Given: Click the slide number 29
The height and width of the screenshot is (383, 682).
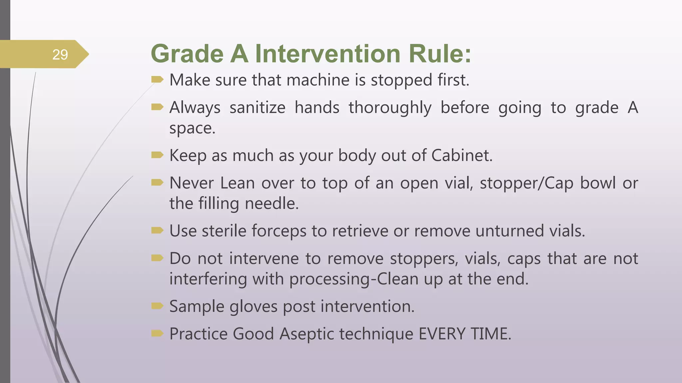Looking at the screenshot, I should click(60, 55).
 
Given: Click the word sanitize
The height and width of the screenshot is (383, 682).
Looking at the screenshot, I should click(257, 108).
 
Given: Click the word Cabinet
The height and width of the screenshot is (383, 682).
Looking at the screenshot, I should click(462, 155).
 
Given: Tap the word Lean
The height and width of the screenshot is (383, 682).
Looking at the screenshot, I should click(237, 183).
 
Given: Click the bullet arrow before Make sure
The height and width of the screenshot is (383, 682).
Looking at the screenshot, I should click(157, 79).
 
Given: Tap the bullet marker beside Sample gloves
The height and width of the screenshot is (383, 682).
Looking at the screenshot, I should click(157, 306).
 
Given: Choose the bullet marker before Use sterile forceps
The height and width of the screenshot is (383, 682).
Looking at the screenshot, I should click(157, 230).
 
